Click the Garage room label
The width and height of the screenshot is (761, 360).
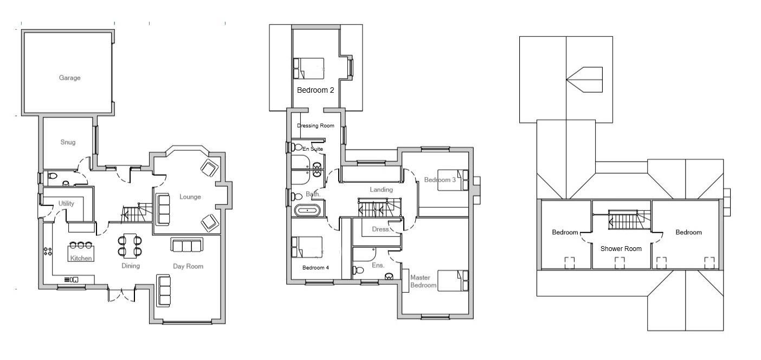pos(69,78)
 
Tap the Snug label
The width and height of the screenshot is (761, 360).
pos(68,143)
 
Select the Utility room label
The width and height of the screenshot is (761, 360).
pos(67,203)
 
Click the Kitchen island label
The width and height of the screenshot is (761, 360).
pos(80,258)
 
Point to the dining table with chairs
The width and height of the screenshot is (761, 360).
pos(130,245)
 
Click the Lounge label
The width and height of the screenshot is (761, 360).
pos(190,197)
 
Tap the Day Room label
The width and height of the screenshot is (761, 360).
pos(188,266)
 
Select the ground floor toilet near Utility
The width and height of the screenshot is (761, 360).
pos(52,176)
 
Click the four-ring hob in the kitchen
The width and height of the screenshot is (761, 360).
pos(48,252)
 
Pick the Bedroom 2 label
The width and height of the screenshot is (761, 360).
pos(315,91)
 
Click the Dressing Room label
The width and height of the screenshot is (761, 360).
pos(315,126)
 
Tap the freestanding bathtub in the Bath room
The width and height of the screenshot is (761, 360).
pos(308,210)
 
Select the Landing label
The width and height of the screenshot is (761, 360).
pos(381,190)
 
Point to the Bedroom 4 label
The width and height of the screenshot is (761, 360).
pos(315,268)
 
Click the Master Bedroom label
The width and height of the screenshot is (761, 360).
pos(423,281)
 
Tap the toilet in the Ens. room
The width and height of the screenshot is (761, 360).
pos(358,270)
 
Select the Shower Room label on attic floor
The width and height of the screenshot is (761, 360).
pos(621,249)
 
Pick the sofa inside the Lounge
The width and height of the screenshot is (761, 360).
pos(163,209)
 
